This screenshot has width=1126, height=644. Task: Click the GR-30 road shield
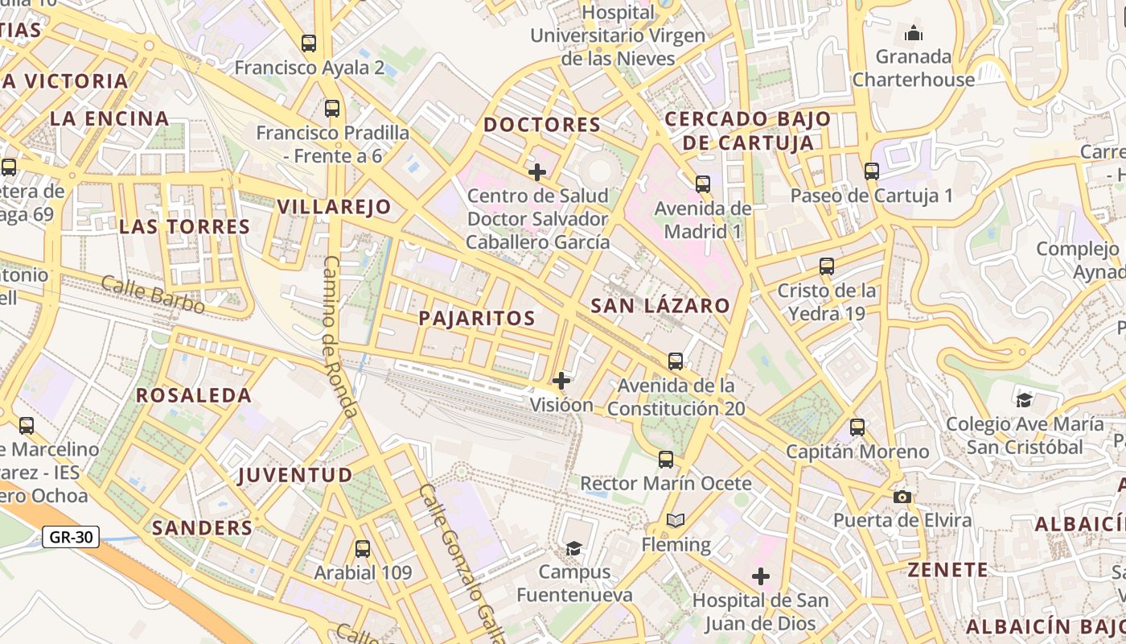pyautogui.click(x=71, y=537)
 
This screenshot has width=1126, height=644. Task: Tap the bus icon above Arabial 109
pyautogui.click(x=363, y=549)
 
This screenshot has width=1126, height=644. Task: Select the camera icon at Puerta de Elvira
pyautogui.click(x=902, y=497)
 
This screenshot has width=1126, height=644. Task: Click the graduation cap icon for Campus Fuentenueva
pyautogui.click(x=573, y=548)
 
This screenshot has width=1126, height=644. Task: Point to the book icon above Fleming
pyautogui.click(x=676, y=521)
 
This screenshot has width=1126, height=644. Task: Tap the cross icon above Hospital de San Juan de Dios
pyautogui.click(x=760, y=576)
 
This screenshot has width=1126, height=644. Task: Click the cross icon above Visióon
pyautogui.click(x=561, y=381)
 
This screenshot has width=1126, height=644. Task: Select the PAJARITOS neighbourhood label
pyautogui.click(x=477, y=318)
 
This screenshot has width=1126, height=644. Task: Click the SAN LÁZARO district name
pyautogui.click(x=660, y=306)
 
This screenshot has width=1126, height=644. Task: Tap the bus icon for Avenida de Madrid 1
pyautogui.click(x=703, y=184)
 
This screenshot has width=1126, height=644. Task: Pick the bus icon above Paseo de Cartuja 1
pyautogui.click(x=872, y=171)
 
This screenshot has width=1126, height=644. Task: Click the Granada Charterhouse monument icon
pyautogui.click(x=914, y=33)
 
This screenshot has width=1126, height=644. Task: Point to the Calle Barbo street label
pyautogui.click(x=153, y=294)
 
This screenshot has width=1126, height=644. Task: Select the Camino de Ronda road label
pyautogui.click(x=340, y=336)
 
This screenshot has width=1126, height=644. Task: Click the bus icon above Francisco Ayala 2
pyautogui.click(x=309, y=43)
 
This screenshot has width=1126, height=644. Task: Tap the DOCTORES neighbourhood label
pyautogui.click(x=542, y=125)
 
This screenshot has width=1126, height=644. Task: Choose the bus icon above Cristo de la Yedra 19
pyautogui.click(x=826, y=266)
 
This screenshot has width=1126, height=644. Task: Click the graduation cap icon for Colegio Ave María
pyautogui.click(x=1024, y=400)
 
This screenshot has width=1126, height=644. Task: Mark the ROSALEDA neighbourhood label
pyautogui.click(x=194, y=395)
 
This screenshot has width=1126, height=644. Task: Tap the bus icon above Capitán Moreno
pyautogui.click(x=857, y=427)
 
